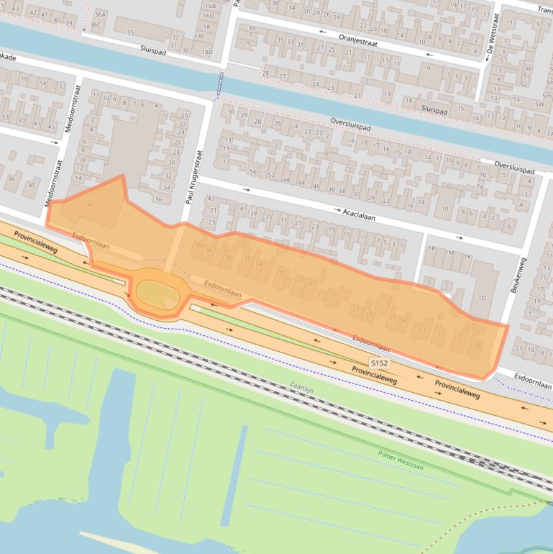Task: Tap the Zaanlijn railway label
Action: pos(302,389)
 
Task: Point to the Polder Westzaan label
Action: pos(401,460)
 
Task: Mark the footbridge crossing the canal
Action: pos(218,84)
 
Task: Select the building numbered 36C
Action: pos(96,24)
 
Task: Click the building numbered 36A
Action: pos(100,14)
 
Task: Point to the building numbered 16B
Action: pos(209,6)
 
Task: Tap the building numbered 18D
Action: pos(207,52)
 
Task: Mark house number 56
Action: pos(252,172)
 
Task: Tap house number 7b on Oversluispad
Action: pos(483,175)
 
